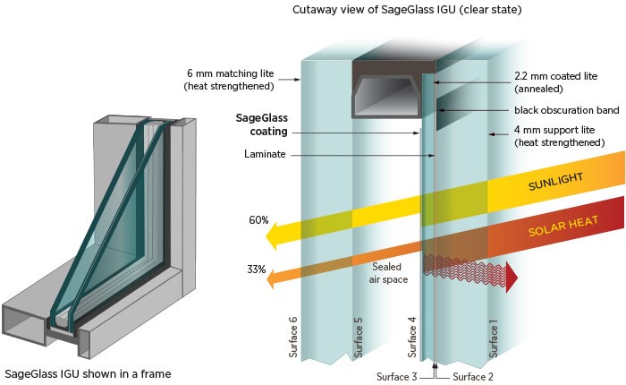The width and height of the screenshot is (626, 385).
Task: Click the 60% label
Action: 258,219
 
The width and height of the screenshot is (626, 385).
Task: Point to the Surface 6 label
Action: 293,336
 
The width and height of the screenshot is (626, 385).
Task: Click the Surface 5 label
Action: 359,336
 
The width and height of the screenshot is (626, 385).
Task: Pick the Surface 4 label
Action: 412,336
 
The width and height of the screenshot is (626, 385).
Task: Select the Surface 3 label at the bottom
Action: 394,376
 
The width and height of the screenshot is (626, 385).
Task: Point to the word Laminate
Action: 265,153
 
